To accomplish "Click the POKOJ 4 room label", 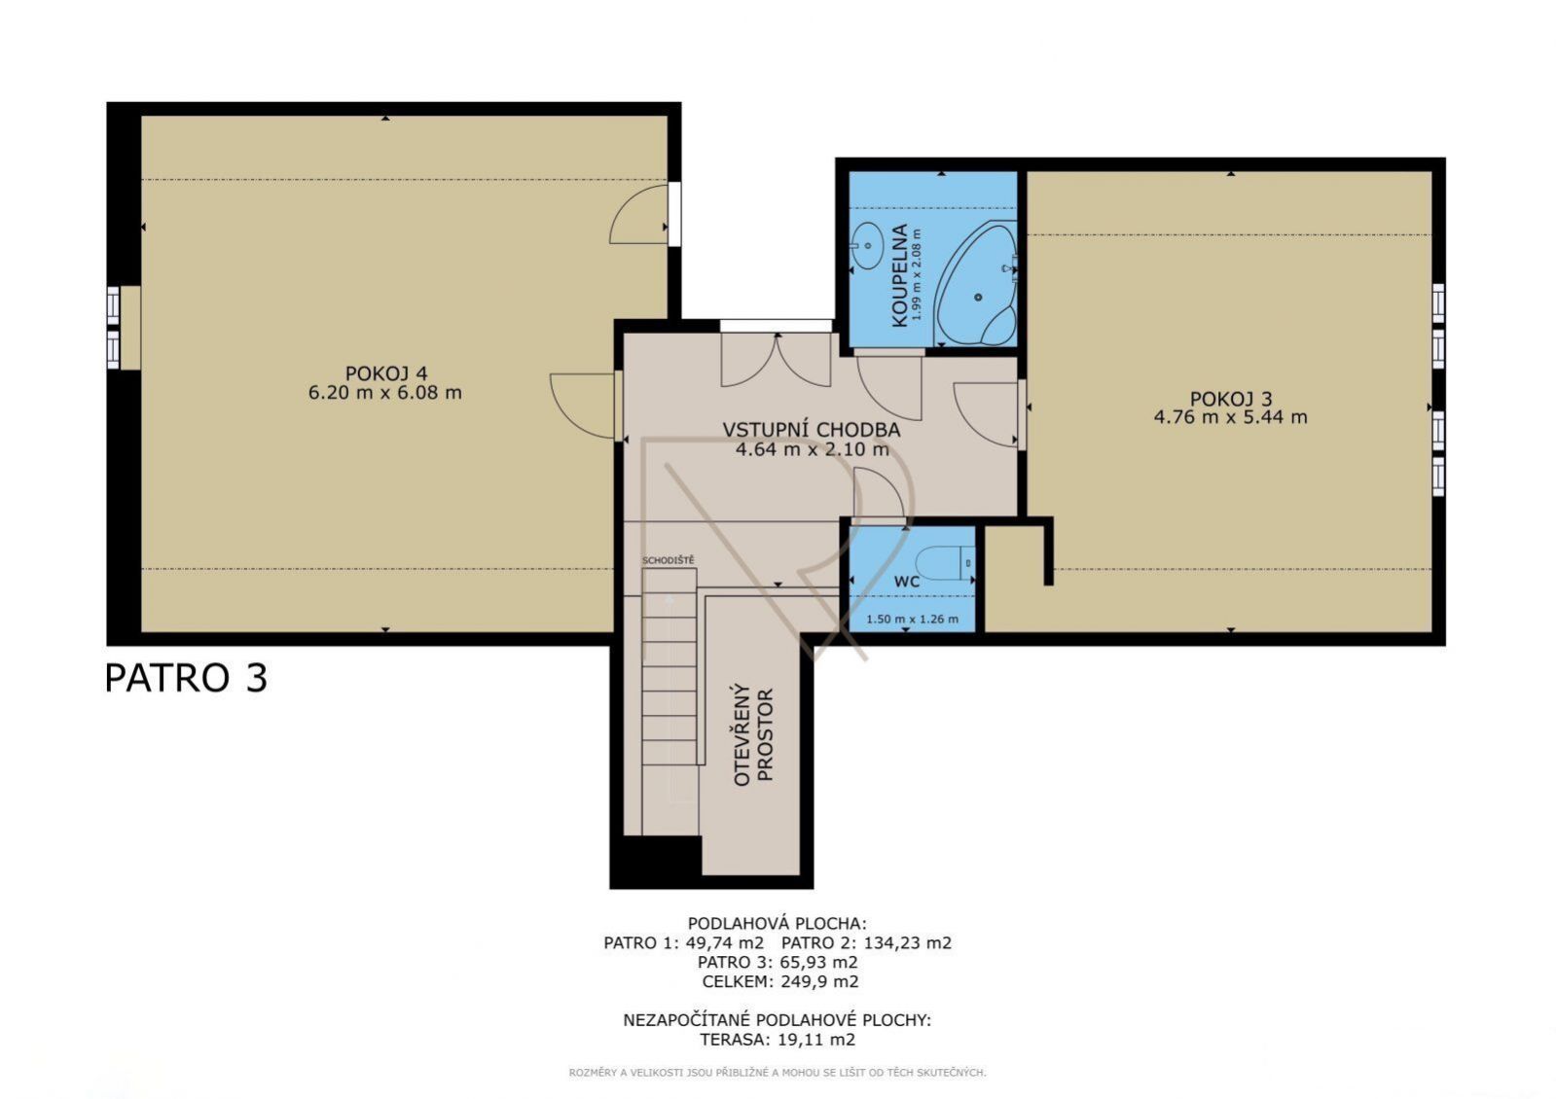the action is tap(385, 373).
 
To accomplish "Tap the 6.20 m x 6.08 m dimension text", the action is tap(385, 393).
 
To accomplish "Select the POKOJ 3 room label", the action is tap(1231, 399).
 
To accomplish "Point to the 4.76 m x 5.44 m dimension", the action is tap(1231, 417).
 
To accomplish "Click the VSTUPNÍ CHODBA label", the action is tap(812, 430).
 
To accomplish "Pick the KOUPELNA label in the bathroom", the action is tap(899, 275).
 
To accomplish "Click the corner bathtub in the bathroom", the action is tap(975, 284).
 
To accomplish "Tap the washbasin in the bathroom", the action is tap(865, 246).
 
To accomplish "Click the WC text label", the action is tap(907, 582).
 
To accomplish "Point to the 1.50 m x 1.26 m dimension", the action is tap(912, 619).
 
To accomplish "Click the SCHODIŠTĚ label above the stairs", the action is tap(668, 560).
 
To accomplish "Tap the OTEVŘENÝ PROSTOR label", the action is tap(754, 735).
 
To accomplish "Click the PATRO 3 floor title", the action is tap(186, 678).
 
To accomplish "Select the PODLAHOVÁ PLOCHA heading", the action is tap(778, 923).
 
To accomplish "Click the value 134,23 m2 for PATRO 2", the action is tap(907, 942).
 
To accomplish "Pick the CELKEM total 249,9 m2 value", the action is tap(819, 981).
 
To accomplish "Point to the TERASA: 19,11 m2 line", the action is tap(778, 1040).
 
